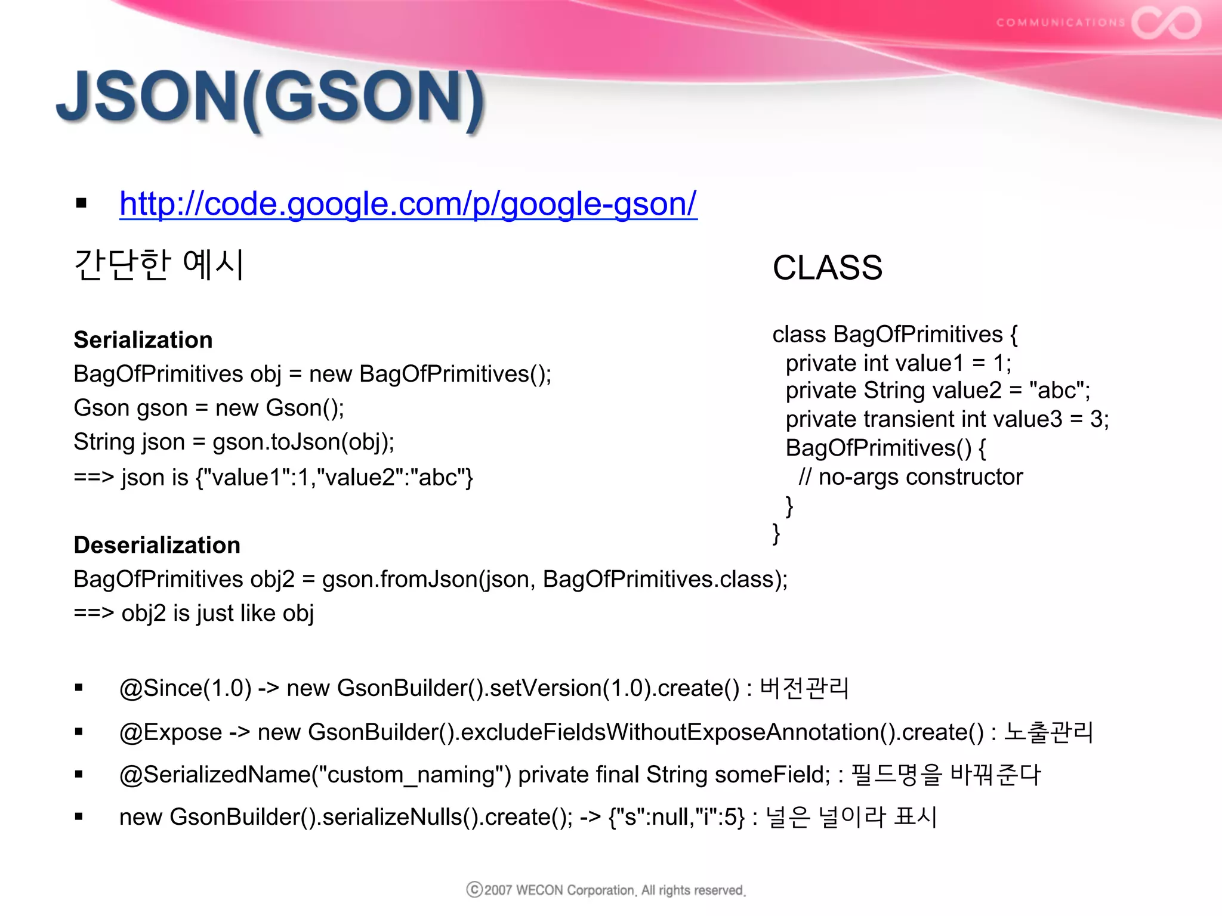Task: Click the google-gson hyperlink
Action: (x=408, y=204)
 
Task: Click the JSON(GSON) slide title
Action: (x=270, y=98)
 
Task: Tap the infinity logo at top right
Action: (x=1166, y=23)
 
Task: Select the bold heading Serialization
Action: (x=143, y=340)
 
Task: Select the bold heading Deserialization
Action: (x=157, y=545)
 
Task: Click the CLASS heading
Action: (x=827, y=267)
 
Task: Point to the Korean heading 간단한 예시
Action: (x=159, y=265)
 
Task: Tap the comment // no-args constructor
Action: (x=911, y=477)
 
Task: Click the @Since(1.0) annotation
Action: (x=185, y=688)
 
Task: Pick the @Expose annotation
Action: (x=171, y=732)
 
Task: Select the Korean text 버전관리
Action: (x=804, y=688)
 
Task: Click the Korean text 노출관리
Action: (x=1048, y=732)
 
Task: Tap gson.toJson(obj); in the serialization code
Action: (x=303, y=442)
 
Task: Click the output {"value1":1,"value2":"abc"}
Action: (x=334, y=478)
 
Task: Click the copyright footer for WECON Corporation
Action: (x=606, y=890)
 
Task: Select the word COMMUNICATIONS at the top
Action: (x=1060, y=23)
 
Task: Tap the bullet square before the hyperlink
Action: (x=81, y=204)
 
